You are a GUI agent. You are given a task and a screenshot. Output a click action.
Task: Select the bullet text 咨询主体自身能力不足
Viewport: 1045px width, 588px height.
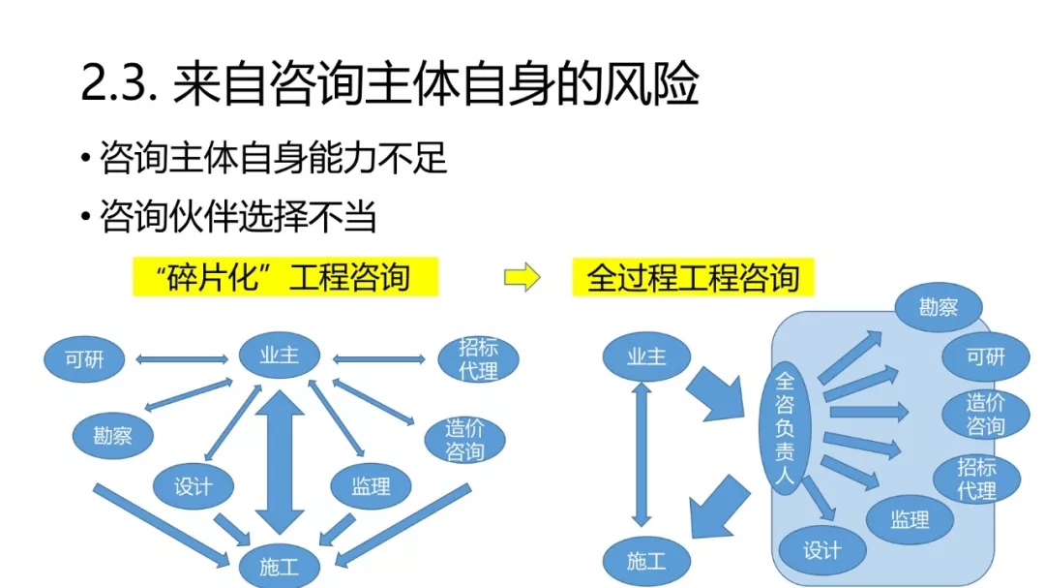[273, 158]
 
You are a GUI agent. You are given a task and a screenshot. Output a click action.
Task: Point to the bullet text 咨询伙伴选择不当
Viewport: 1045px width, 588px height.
[237, 217]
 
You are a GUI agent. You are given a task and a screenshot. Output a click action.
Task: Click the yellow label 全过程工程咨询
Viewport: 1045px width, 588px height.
[693, 278]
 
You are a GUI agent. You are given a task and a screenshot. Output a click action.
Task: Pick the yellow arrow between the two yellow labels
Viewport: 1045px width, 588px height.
[522, 278]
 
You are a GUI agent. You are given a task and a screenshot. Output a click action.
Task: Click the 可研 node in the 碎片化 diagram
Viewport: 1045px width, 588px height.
[84, 359]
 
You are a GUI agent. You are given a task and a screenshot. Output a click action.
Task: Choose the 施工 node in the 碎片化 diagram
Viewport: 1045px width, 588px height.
[279, 566]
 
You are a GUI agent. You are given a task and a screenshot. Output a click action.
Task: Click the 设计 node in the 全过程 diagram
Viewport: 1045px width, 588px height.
[821, 550]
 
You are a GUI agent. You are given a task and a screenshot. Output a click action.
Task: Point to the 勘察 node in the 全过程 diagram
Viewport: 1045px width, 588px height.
[938, 308]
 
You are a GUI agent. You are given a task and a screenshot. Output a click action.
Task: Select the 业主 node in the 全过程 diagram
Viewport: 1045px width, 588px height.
[646, 356]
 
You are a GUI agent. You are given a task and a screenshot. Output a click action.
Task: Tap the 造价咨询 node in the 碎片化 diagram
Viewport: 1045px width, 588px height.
[465, 441]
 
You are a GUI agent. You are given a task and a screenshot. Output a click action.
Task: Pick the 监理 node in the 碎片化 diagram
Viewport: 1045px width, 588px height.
[371, 485]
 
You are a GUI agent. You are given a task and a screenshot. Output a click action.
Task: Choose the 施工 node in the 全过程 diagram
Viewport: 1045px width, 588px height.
[645, 560]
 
